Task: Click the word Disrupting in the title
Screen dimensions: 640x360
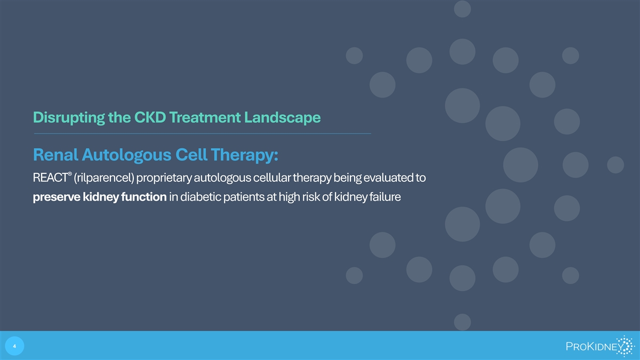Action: click(69, 118)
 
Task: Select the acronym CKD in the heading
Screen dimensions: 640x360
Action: click(150, 117)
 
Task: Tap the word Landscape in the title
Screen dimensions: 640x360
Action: click(282, 118)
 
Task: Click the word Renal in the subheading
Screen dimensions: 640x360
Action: click(55, 155)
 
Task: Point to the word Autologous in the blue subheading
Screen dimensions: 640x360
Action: click(126, 155)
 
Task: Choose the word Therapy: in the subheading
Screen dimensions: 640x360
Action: click(245, 155)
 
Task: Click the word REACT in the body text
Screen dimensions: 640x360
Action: click(50, 178)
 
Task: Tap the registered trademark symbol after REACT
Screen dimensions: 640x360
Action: click(70, 174)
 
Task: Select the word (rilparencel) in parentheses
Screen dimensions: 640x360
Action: click(103, 178)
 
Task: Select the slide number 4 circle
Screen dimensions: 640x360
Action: click(14, 346)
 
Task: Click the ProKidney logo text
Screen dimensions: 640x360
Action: click(595, 347)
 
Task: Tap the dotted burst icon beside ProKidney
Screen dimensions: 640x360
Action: click(625, 346)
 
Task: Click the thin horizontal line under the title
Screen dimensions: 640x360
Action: click(202, 133)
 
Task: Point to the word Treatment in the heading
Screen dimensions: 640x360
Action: click(205, 117)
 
